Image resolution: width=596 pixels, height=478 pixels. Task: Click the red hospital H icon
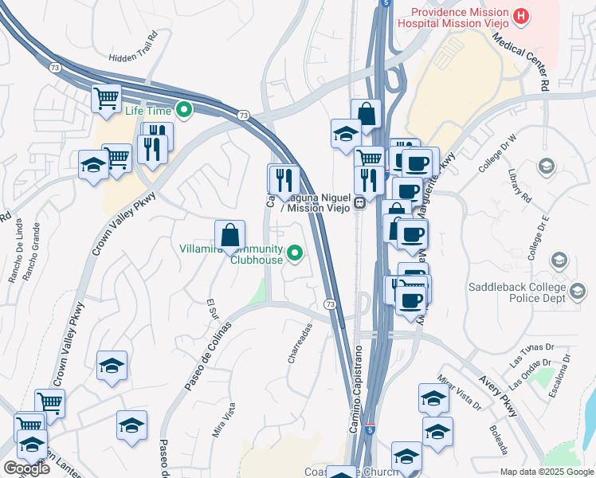click(x=521, y=15)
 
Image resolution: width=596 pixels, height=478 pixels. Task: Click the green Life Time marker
click(x=185, y=110)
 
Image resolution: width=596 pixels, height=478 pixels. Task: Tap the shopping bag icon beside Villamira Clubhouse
click(x=229, y=236)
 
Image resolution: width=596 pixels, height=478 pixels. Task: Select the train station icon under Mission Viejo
click(x=360, y=202)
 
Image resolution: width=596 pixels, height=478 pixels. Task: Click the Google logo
click(x=25, y=468)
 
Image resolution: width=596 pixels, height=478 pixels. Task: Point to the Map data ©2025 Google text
click(x=547, y=472)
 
